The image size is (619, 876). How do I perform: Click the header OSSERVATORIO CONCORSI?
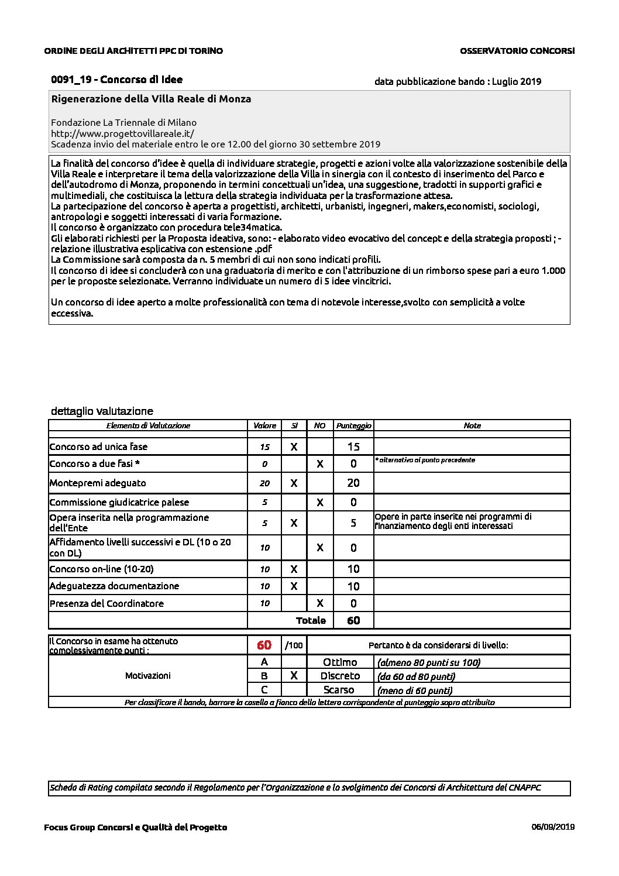[517, 51]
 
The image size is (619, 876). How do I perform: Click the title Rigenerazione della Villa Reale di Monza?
[151, 99]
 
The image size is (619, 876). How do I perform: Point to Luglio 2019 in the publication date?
[516, 81]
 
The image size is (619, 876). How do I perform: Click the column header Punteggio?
[353, 425]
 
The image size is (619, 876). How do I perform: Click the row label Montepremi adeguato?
[98, 483]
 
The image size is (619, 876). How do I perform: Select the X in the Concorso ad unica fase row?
[294, 446]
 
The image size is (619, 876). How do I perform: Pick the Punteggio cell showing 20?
[353, 483]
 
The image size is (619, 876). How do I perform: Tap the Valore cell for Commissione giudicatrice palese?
[264, 502]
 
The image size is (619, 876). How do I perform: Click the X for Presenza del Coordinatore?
[319, 603]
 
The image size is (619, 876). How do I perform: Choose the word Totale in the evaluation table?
[311, 620]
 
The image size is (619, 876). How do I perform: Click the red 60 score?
[264, 645]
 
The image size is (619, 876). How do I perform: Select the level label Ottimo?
[340, 662]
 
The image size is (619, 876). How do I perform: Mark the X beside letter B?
[294, 675]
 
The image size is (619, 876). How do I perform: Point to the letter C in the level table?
[264, 689]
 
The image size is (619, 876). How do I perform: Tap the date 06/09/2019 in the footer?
[553, 827]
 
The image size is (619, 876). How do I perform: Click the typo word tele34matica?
[253, 228]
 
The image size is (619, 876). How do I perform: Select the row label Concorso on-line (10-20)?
[101, 569]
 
